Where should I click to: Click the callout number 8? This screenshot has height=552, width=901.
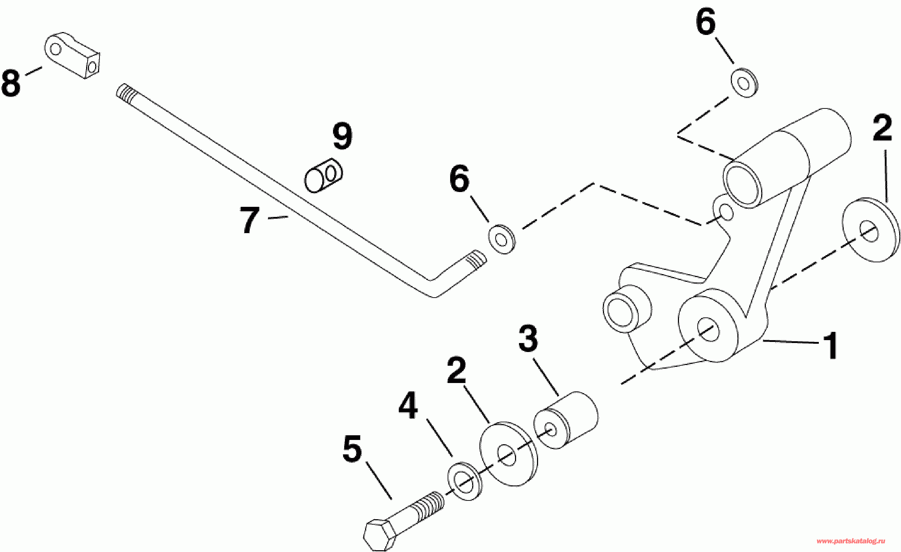click(11, 84)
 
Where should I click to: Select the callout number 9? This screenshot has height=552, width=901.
click(342, 136)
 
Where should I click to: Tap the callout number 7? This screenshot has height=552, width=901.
click(250, 220)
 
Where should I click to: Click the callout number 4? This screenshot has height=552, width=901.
click(408, 405)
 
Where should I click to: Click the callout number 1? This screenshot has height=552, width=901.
click(830, 346)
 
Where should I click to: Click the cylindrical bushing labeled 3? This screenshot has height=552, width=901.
click(566, 420)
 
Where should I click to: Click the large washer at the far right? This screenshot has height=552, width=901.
click(871, 230)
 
